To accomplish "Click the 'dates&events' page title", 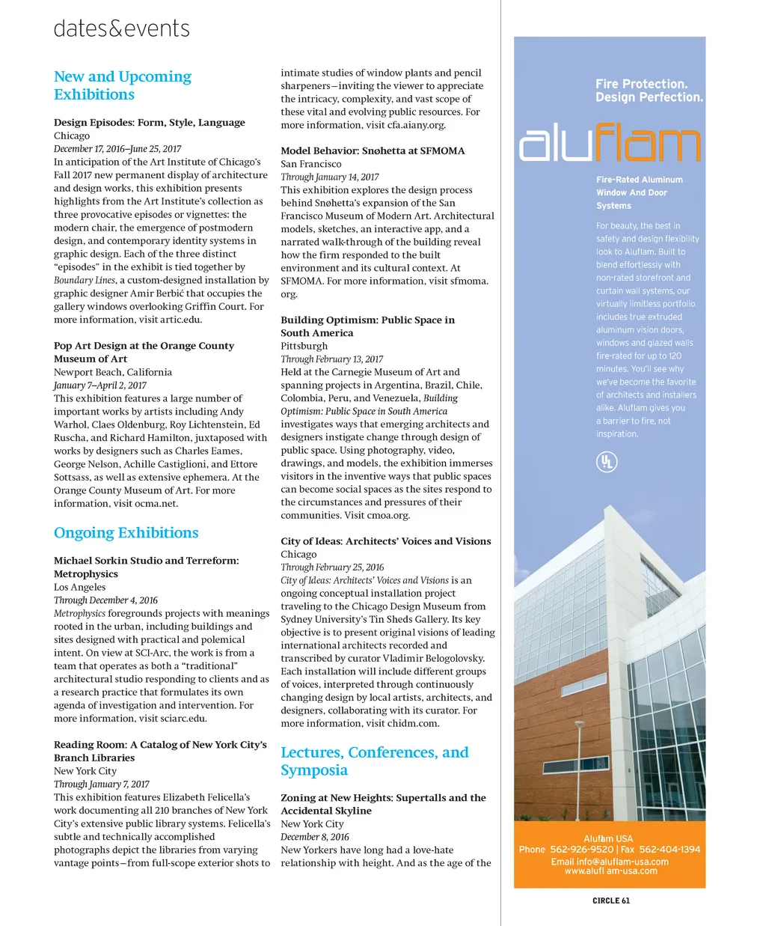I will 121,28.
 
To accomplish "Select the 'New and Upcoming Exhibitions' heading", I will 122,85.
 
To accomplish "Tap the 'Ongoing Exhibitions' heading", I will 126,532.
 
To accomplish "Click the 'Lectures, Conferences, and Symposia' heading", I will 374,761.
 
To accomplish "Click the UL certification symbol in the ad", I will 607,462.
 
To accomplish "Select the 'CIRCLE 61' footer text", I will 610,901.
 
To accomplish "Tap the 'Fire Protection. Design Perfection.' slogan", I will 649,91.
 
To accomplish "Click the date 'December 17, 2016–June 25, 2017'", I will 117,149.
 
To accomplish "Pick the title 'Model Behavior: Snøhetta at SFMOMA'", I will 373,150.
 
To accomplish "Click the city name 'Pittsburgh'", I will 304,346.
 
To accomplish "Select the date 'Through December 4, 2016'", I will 105,600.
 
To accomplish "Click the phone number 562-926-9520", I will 581,850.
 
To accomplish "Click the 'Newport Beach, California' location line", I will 113,372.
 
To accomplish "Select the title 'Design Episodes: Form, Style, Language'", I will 150,123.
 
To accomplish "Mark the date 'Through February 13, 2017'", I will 331,359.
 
